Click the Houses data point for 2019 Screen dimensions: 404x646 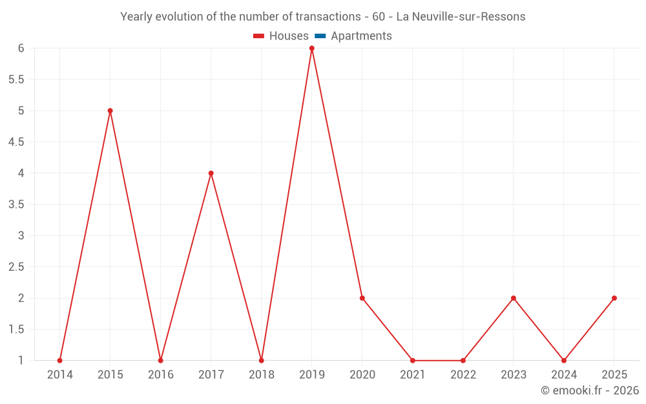[311, 48]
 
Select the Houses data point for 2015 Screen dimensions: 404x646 [110, 111]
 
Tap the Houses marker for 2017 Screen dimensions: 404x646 [211, 173]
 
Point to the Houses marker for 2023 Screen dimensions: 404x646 [514, 298]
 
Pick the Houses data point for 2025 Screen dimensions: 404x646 [614, 298]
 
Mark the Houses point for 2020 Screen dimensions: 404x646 [362, 298]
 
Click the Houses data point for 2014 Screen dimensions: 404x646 [60, 361]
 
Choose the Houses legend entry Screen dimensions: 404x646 [281, 36]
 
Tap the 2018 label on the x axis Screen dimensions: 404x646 [262, 375]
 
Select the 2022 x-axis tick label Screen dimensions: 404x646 [463, 375]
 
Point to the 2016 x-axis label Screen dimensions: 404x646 [161, 375]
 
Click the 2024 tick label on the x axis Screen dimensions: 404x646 [564, 375]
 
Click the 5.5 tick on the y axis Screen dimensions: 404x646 [16, 80]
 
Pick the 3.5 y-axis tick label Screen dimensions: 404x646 [16, 205]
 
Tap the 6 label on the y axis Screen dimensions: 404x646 [21, 48]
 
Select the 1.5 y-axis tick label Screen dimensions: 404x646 [16, 330]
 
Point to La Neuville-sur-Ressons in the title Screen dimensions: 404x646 [461, 17]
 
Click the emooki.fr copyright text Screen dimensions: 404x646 [590, 390]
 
